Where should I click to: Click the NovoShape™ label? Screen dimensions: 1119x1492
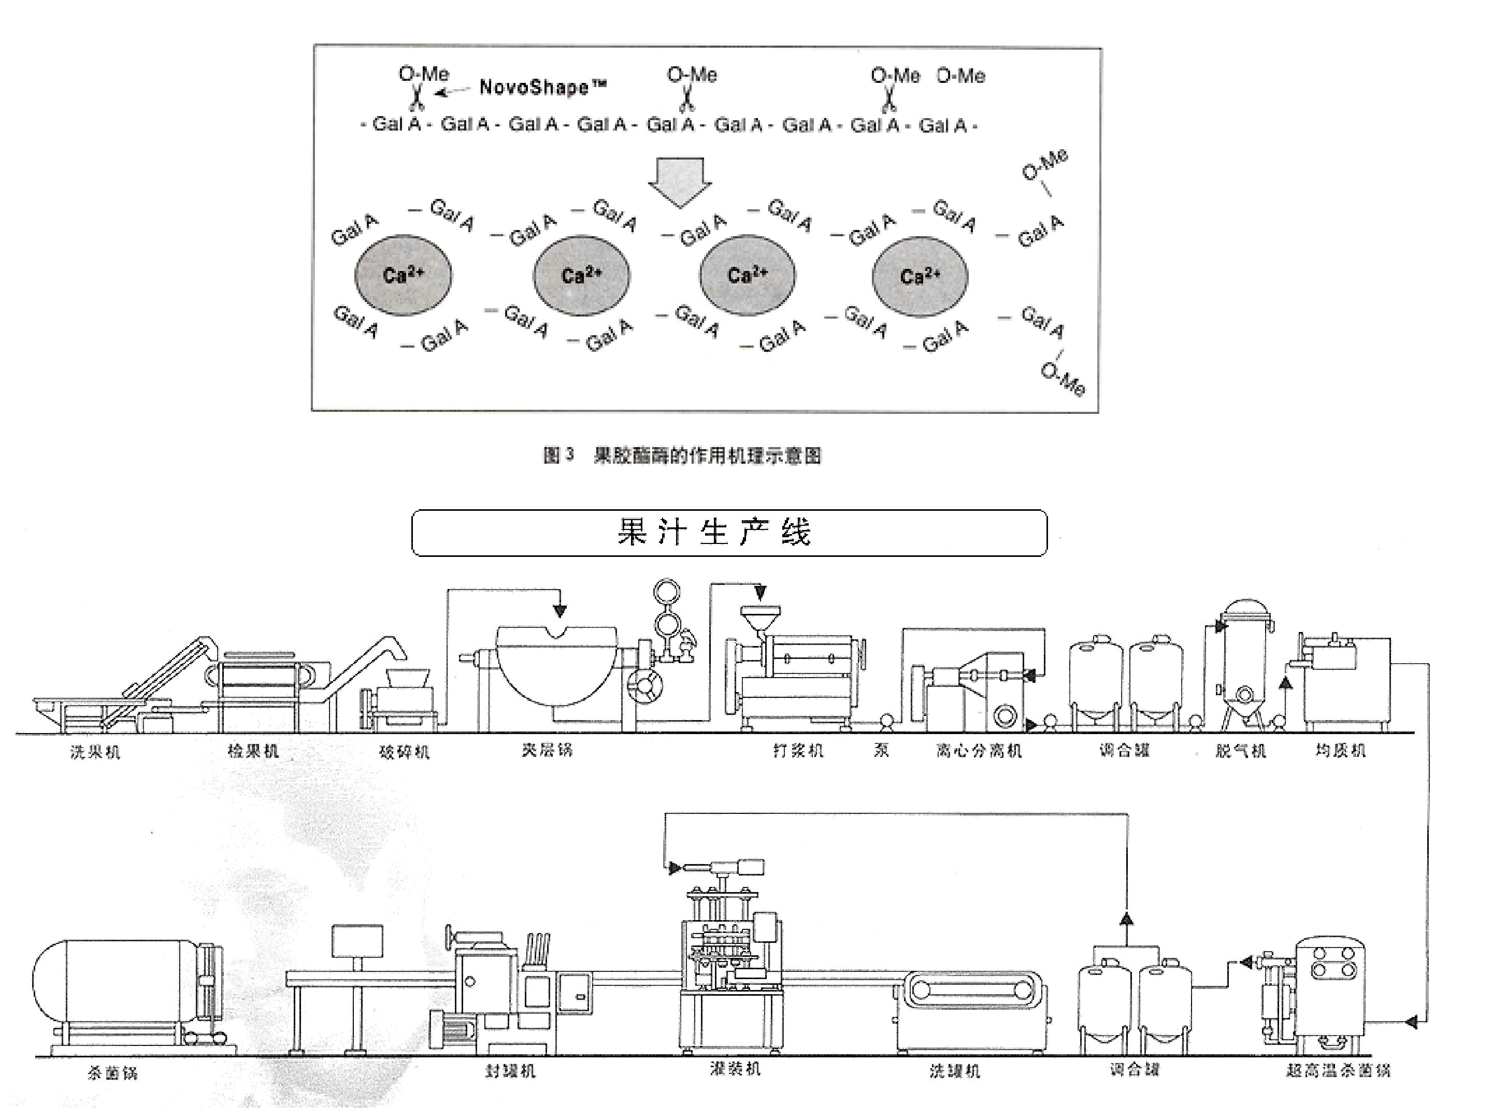(x=543, y=87)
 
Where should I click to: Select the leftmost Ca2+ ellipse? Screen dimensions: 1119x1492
(x=404, y=275)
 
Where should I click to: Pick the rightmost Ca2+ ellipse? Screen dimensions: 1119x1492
(x=920, y=276)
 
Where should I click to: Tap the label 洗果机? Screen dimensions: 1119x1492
(x=95, y=751)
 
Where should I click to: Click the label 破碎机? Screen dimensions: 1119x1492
(x=404, y=751)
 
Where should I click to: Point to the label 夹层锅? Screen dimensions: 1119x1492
(x=547, y=750)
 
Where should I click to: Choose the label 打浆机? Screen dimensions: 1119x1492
(x=798, y=751)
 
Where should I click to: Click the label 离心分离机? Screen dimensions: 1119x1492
(x=979, y=751)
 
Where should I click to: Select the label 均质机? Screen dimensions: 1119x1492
(x=1340, y=751)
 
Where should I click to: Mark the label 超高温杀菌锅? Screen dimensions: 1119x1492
(x=1338, y=1070)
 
